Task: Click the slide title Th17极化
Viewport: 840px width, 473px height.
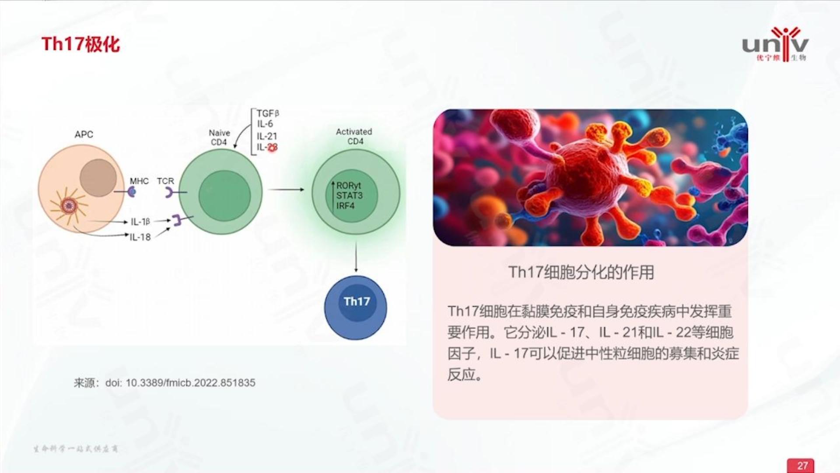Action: coord(80,44)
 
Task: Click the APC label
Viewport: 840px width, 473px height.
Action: coord(84,134)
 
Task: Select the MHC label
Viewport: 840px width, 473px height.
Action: coord(139,181)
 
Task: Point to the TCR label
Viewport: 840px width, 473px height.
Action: coord(165,181)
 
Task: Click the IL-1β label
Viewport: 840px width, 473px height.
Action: coord(140,222)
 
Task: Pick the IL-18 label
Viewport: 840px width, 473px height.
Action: coord(140,237)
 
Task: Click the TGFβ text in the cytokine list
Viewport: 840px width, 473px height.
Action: coord(268,113)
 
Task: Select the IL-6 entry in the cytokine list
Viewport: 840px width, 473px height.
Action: coord(265,124)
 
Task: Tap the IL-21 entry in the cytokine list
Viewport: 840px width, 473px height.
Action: coord(266,136)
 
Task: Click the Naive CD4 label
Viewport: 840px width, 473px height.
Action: coord(219,137)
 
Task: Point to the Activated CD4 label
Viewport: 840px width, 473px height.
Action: coord(354,136)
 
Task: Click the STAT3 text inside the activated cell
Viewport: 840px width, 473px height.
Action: coord(349,195)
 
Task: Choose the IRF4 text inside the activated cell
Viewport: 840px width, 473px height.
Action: coord(345,205)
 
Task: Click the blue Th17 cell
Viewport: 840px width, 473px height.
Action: coord(356,307)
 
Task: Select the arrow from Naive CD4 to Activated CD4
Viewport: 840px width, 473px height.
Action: coord(286,190)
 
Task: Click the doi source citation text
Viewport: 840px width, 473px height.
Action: coord(164,383)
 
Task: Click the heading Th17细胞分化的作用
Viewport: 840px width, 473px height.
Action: coord(581,272)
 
